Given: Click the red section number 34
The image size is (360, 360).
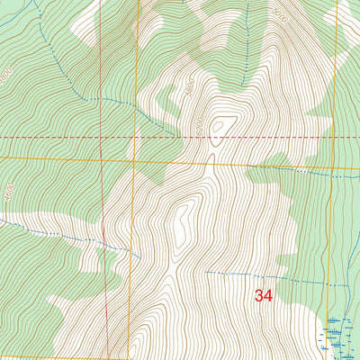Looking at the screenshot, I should (x=264, y=295).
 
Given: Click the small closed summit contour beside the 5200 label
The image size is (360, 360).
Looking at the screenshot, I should (x=222, y=125).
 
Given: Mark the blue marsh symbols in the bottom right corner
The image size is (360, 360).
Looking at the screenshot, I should (x=338, y=333).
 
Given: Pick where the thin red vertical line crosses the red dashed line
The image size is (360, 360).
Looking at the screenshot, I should (x=102, y=137).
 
